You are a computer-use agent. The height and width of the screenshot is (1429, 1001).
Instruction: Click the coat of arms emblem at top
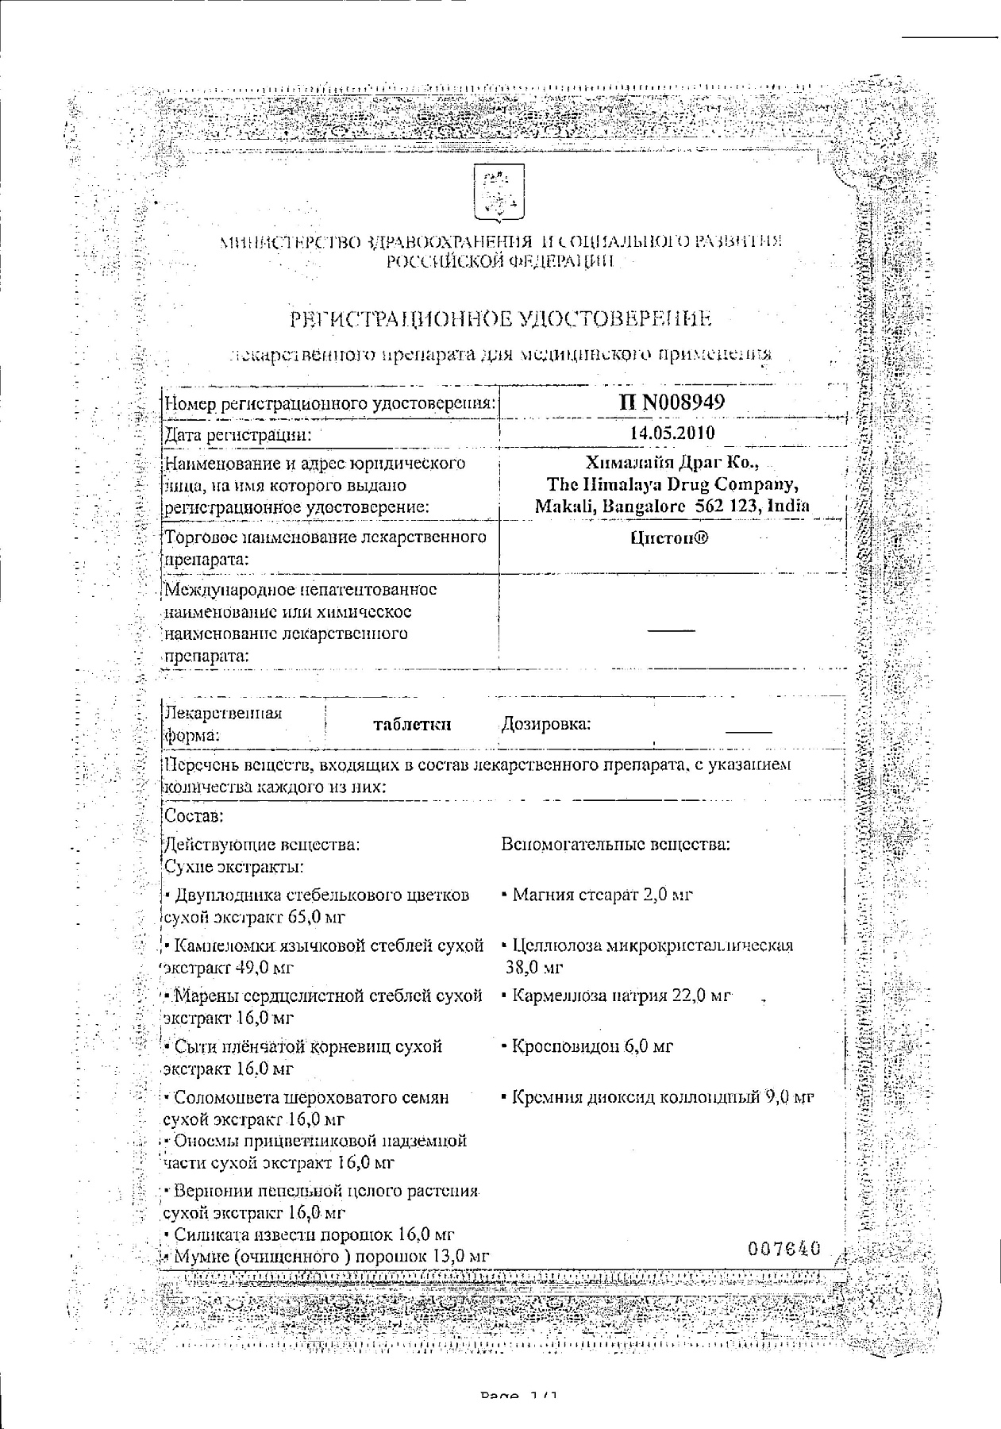(499, 192)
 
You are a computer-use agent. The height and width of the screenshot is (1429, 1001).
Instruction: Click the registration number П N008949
(672, 402)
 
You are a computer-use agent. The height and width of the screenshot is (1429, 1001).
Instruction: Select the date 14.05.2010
(672, 433)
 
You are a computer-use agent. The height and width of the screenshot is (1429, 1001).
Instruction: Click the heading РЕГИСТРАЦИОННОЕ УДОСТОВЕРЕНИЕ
(501, 319)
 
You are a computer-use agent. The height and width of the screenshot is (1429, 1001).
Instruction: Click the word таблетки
(412, 724)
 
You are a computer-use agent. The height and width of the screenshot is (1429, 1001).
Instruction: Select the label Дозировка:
(546, 724)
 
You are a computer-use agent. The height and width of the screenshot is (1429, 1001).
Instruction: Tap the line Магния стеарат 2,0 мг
(598, 895)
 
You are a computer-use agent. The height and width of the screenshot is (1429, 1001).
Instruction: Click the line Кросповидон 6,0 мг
(587, 1046)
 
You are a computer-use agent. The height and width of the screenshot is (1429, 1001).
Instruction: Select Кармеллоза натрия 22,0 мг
(616, 996)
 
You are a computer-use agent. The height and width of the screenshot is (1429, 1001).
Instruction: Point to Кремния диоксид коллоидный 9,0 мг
(658, 1098)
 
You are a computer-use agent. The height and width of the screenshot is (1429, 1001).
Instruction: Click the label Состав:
(193, 816)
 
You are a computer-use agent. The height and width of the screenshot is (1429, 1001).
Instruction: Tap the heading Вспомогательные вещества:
(615, 845)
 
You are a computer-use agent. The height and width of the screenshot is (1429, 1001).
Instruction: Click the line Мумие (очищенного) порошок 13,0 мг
(325, 1256)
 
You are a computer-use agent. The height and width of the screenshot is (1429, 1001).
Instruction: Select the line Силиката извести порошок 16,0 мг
(308, 1234)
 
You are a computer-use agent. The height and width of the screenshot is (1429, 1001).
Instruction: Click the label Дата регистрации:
(237, 434)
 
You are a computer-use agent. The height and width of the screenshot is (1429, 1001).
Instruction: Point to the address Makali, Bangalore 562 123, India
(672, 506)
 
